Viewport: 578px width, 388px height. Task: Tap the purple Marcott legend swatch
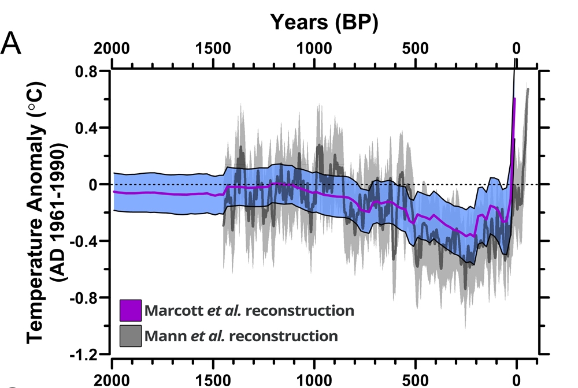(131, 311)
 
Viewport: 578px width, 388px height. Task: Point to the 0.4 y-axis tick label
(89, 128)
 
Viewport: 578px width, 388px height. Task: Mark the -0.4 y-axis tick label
(87, 241)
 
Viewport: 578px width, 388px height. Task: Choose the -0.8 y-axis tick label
(87, 298)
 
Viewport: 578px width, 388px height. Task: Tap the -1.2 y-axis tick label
(87, 355)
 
